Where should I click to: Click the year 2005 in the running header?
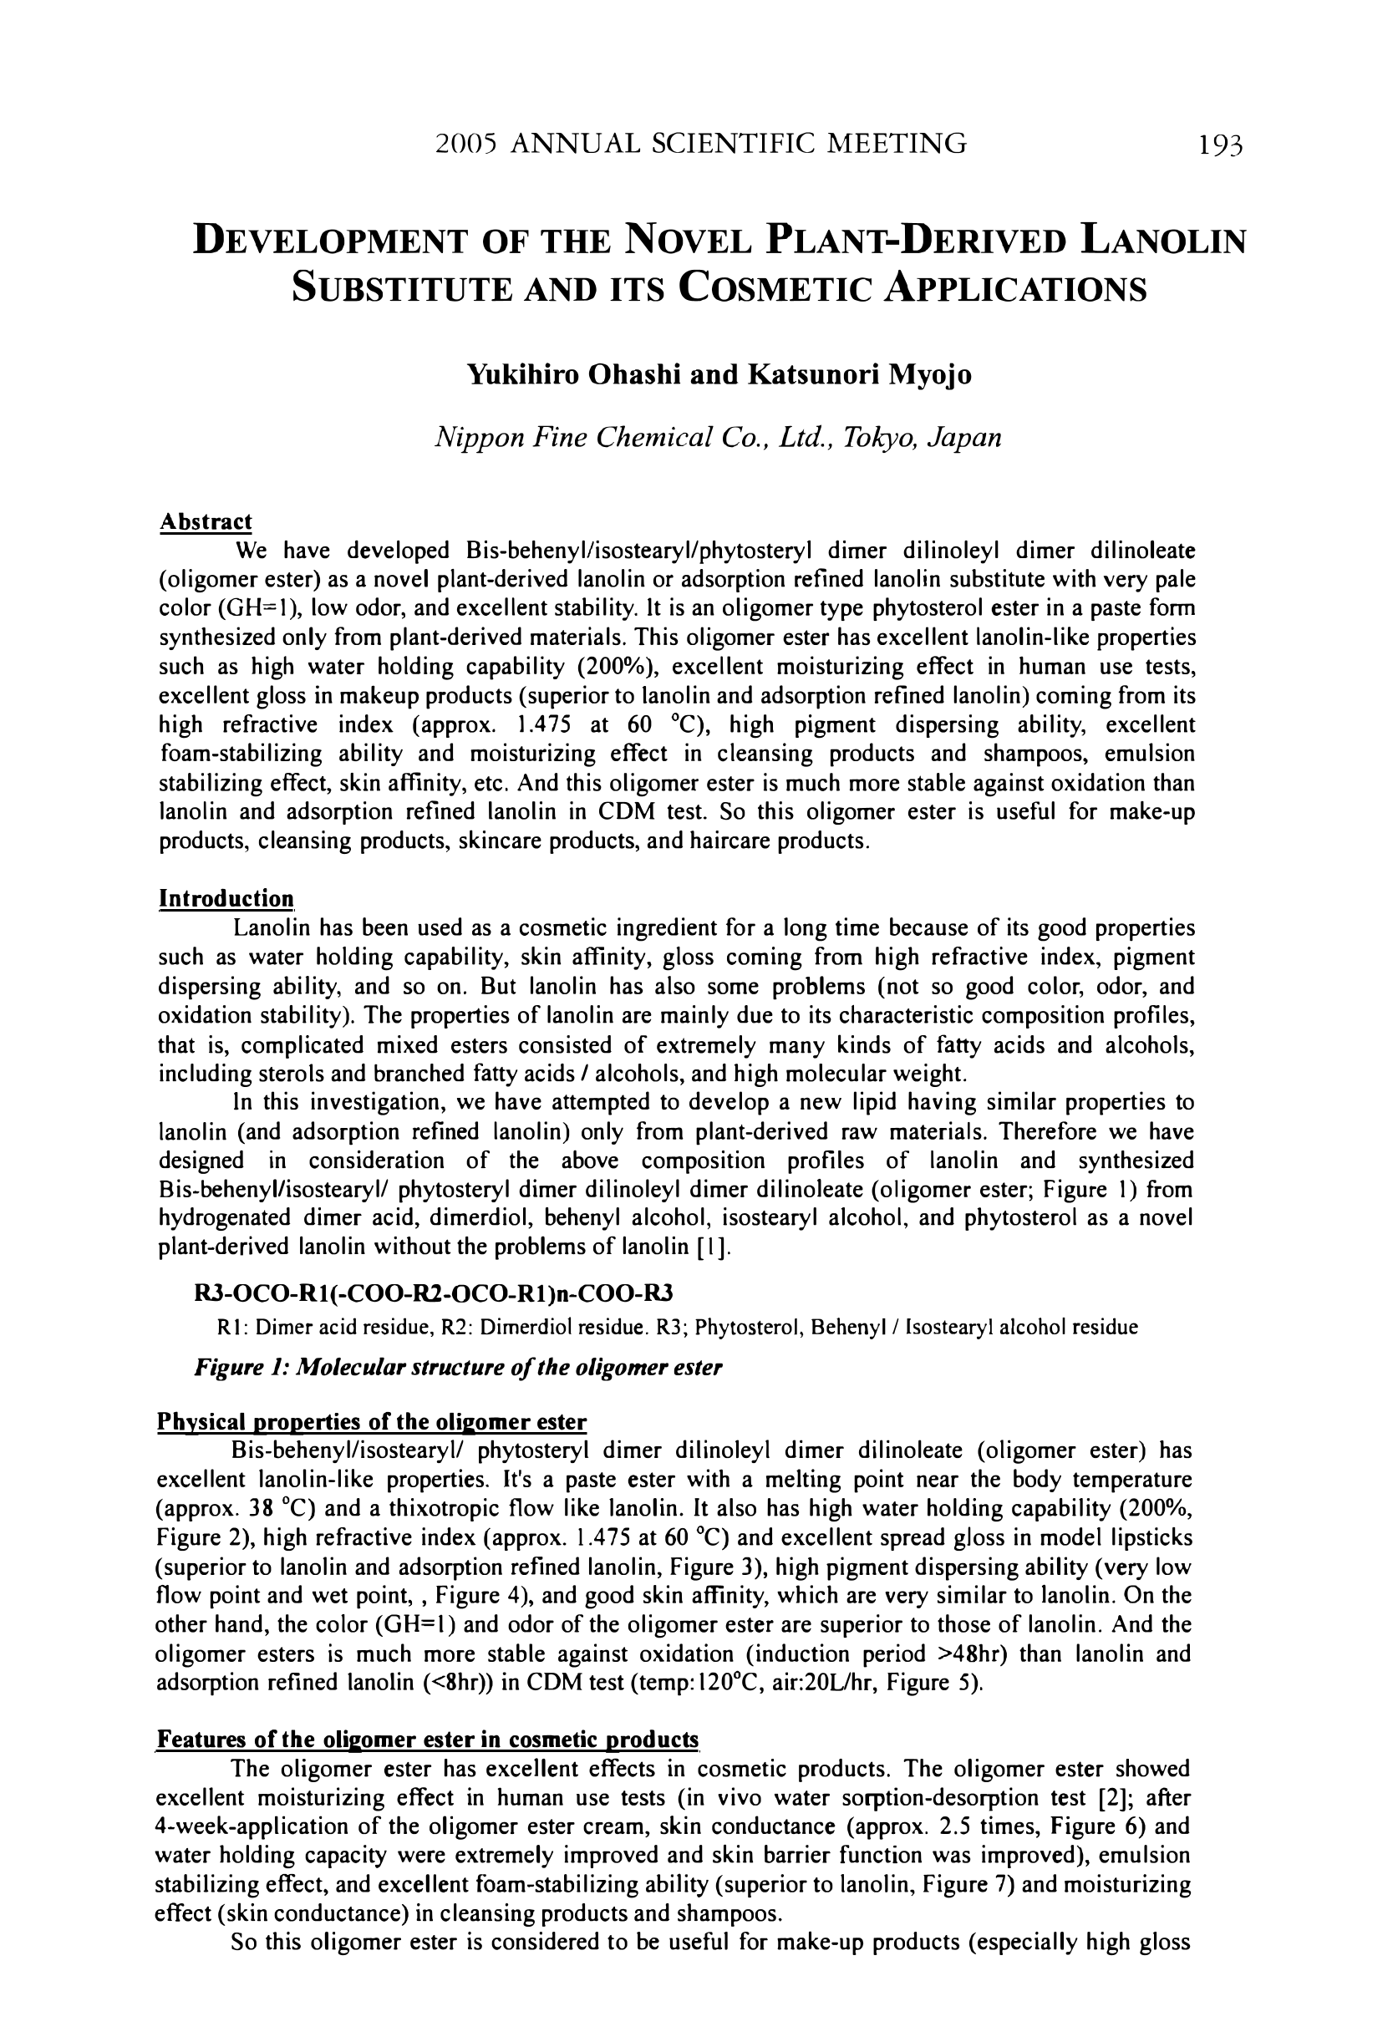pyautogui.click(x=466, y=143)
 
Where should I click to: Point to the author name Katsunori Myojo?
pyautogui.click(x=858, y=375)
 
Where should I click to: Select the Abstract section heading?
pyautogui.click(x=206, y=522)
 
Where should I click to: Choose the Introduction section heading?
pyautogui.click(x=226, y=899)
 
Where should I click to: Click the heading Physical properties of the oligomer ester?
pyautogui.click(x=371, y=1422)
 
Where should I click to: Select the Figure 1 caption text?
pyautogui.click(x=457, y=1368)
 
